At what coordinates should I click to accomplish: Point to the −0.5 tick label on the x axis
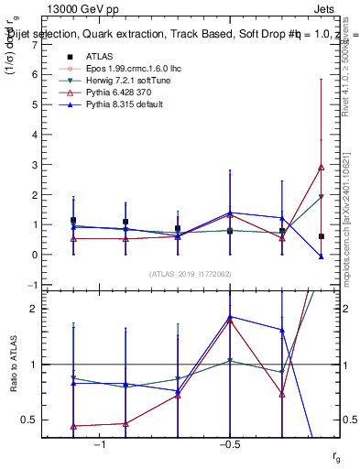point(229,445)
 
